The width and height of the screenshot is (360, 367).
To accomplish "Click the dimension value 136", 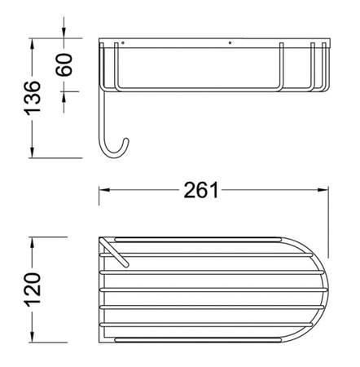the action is pos(33,98).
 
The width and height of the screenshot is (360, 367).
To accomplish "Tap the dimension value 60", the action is pos(64,64).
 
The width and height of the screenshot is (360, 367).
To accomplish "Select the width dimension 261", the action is pos(201,190).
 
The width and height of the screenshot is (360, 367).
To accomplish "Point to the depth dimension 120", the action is pos(33,290).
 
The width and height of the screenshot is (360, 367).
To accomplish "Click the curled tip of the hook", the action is pos(126,140).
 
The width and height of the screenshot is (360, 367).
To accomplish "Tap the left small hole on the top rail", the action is pos(123,42).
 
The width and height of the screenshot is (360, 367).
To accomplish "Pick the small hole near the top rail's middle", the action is pos(230,42).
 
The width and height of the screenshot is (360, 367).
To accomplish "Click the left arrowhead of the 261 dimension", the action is pos(104,190).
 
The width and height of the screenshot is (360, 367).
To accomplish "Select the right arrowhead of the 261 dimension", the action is pos(323,190).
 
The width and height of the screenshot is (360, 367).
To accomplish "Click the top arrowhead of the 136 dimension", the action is pos(33,44).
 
